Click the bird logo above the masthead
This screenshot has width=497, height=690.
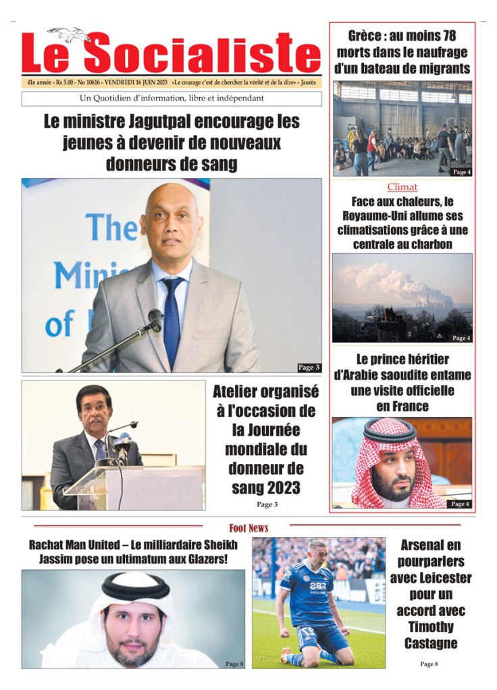pyautogui.click(x=69, y=34)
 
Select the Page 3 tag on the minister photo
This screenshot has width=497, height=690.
pyautogui.click(x=309, y=368)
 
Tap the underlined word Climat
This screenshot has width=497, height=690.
pyautogui.click(x=402, y=187)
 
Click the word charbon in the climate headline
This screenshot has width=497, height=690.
pyautogui.click(x=430, y=244)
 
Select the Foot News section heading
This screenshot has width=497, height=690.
pyautogui.click(x=248, y=528)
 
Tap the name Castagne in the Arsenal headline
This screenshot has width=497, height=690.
pyautogui.click(x=430, y=643)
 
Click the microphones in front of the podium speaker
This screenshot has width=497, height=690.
pyautogui.click(x=120, y=446)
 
